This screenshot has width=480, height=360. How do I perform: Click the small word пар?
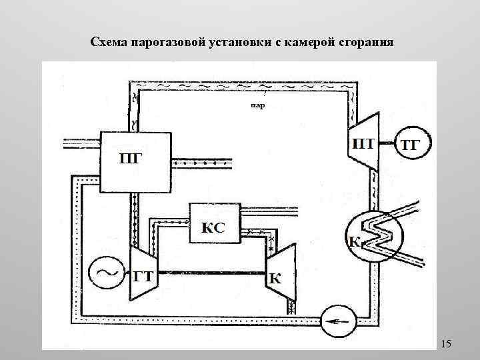pos(257,105)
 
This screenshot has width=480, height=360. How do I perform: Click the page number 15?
pos(446,344)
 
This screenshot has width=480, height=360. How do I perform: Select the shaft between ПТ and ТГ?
pos(389,143)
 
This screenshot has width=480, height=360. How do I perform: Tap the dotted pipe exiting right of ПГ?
pos(200,161)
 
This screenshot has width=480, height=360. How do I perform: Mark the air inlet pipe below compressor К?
pos(291,306)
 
